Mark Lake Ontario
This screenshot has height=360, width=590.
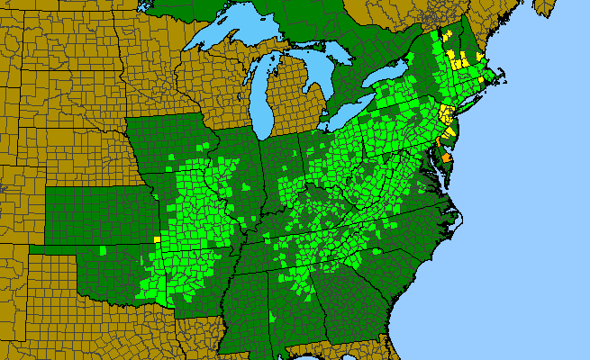coord(388,81)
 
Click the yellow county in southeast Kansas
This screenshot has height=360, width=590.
coord(157,238)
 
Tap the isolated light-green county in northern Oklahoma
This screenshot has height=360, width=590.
coord(104,249)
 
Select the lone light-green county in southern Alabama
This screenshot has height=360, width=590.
coord(273,316)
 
